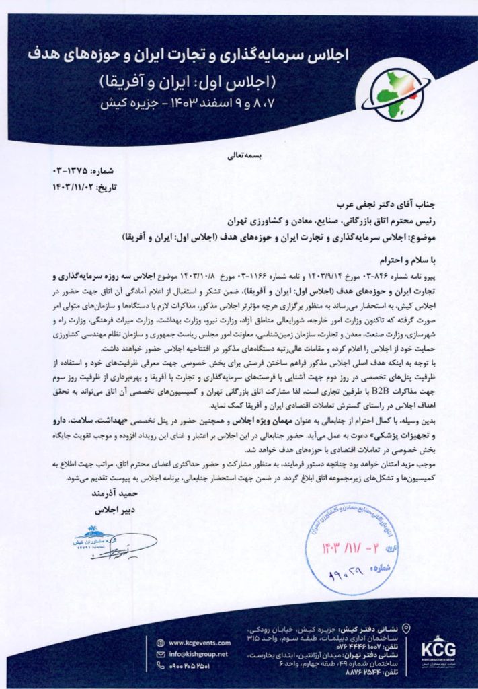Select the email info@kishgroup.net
(x=198, y=653)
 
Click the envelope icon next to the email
(x=160, y=653)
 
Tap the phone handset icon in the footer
(x=160, y=665)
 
